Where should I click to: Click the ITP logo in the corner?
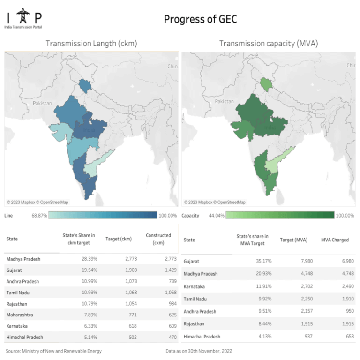23,19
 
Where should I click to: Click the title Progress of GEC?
200,19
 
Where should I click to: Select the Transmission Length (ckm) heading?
91,44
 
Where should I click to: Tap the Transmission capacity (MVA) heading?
269,44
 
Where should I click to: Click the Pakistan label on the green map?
224,101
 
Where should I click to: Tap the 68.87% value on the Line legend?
39,216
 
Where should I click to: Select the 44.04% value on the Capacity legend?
216,216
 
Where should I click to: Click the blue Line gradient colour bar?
103,215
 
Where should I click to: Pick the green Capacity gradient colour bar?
280,215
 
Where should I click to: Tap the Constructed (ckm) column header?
158,239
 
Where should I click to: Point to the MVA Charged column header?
335,240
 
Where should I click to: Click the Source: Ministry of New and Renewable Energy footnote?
53,351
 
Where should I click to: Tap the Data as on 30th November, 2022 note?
199,351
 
